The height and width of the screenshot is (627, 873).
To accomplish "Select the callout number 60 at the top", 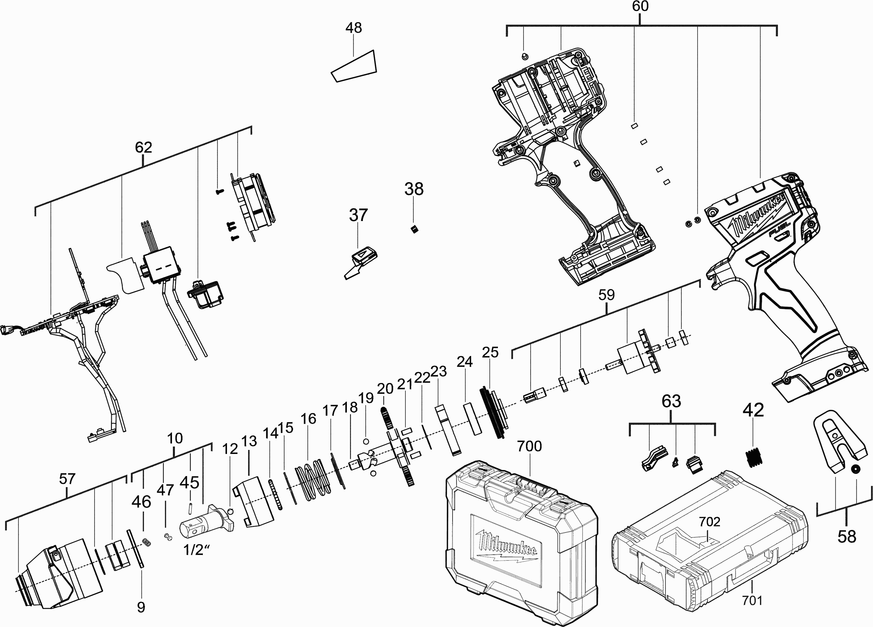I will coord(640,6).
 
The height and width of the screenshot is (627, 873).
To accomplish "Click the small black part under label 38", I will coord(414,230).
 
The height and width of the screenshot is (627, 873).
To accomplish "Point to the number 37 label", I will coord(358,215).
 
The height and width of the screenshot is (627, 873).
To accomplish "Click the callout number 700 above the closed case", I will coord(529,446).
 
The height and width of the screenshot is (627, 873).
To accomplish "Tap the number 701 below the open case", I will coord(752,600).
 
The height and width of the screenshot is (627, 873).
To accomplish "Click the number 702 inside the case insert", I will coord(709,522).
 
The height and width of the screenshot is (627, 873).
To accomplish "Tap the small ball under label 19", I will coord(366,441).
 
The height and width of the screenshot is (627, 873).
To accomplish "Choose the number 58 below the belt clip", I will coord(847,536).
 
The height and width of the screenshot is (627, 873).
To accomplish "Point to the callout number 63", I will coord(671,401).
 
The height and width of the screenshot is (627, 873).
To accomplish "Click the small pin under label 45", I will coord(190,508).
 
